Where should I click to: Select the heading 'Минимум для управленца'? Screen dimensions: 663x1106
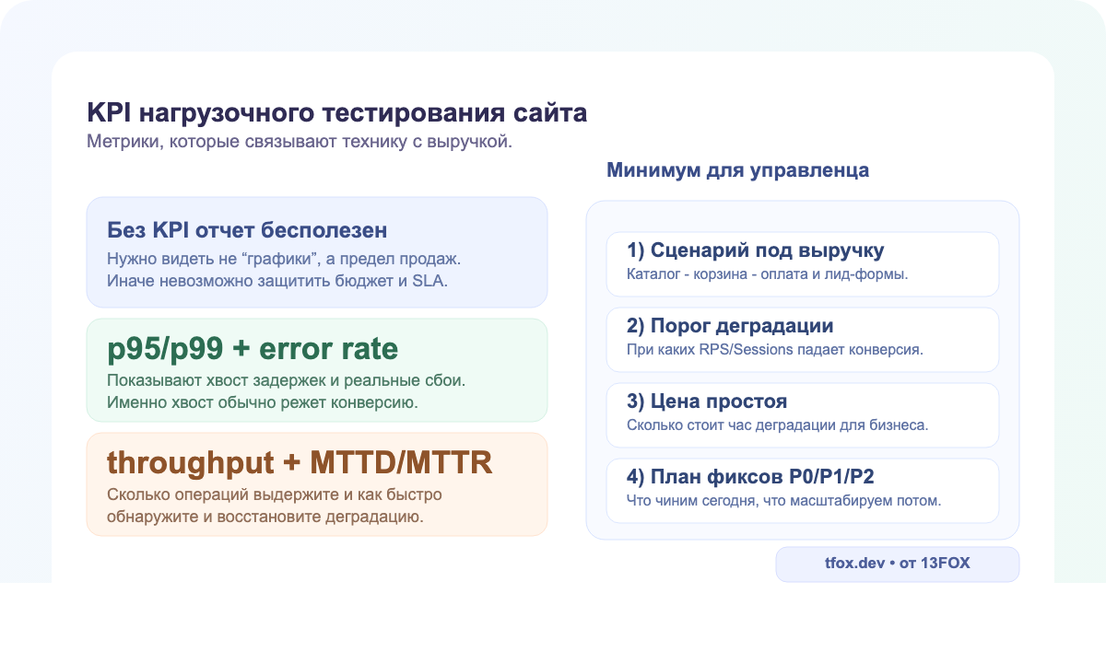[x=737, y=170]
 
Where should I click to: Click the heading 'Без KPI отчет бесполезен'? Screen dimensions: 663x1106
[x=247, y=229]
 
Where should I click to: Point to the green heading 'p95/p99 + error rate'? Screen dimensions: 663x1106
[x=253, y=349]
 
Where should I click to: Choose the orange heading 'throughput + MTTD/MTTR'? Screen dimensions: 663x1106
[x=300, y=462]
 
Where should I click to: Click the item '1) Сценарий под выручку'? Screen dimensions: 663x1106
[x=755, y=250]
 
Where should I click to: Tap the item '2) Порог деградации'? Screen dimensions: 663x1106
[x=730, y=326]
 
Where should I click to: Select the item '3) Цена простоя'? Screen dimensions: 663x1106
[x=707, y=401]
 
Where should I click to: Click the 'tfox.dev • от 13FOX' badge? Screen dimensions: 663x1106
[x=897, y=564]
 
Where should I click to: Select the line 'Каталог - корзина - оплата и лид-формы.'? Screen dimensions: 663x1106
[x=767, y=274]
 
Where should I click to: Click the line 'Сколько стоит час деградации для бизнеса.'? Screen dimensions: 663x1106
[x=777, y=425]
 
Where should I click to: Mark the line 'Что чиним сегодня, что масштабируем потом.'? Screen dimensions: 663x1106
[x=783, y=501]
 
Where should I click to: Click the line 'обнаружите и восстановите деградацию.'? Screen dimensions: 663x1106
[x=265, y=516]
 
